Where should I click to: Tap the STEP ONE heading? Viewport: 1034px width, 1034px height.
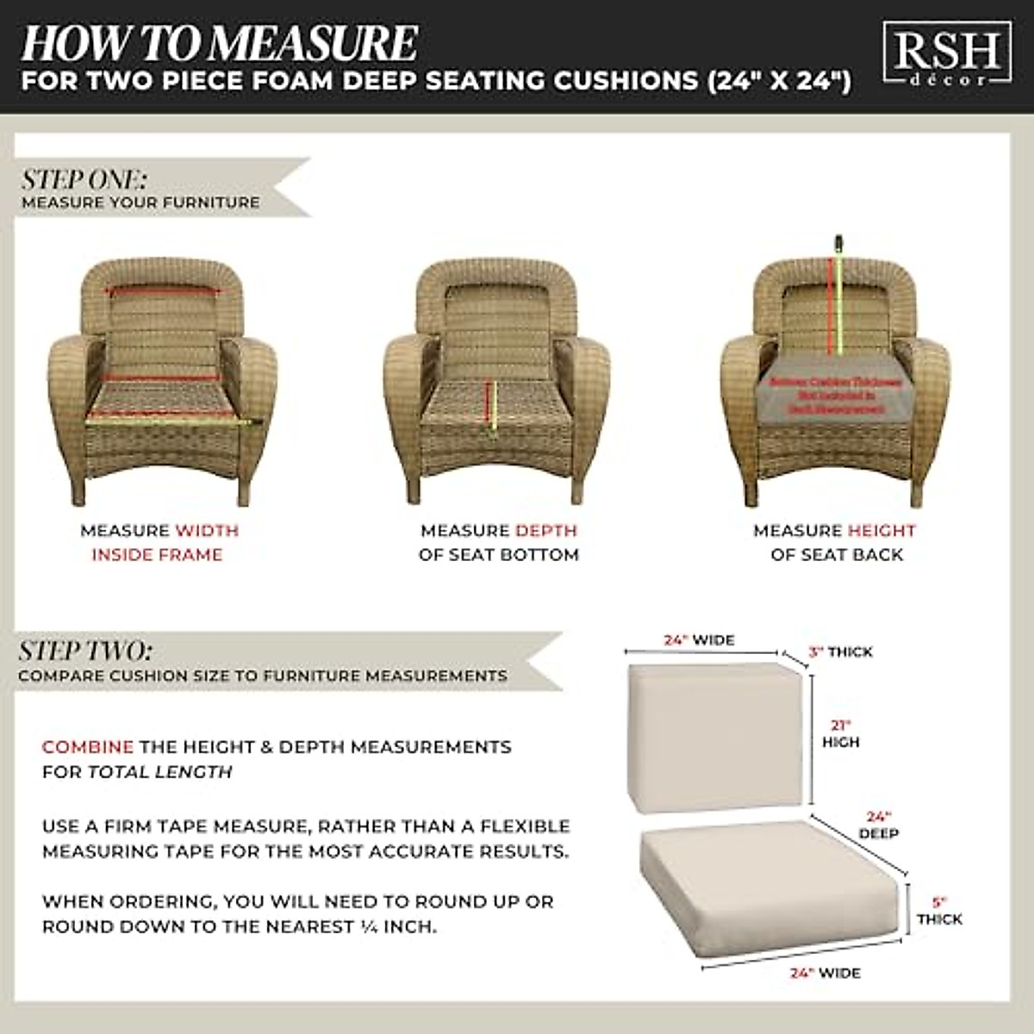coord(84,179)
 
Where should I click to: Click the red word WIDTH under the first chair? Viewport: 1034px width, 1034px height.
coord(207,531)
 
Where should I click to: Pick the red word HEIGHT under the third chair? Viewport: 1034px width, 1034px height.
coord(881,531)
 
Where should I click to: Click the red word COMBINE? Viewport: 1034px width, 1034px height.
coord(87,747)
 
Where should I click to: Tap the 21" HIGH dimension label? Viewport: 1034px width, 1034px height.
coord(840,733)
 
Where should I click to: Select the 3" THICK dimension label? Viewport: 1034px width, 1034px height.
coord(840,652)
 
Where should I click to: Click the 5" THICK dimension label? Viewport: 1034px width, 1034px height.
coord(939,912)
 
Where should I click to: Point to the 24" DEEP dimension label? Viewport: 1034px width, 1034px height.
coord(878,825)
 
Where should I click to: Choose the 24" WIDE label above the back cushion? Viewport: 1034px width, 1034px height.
coord(699,640)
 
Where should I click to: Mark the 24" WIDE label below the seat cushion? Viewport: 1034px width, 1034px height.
coord(825,973)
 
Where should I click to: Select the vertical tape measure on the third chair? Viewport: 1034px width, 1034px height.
coord(834,297)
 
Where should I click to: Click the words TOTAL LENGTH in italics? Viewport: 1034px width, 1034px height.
coord(160,772)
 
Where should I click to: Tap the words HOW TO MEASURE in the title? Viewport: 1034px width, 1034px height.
coord(220,43)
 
